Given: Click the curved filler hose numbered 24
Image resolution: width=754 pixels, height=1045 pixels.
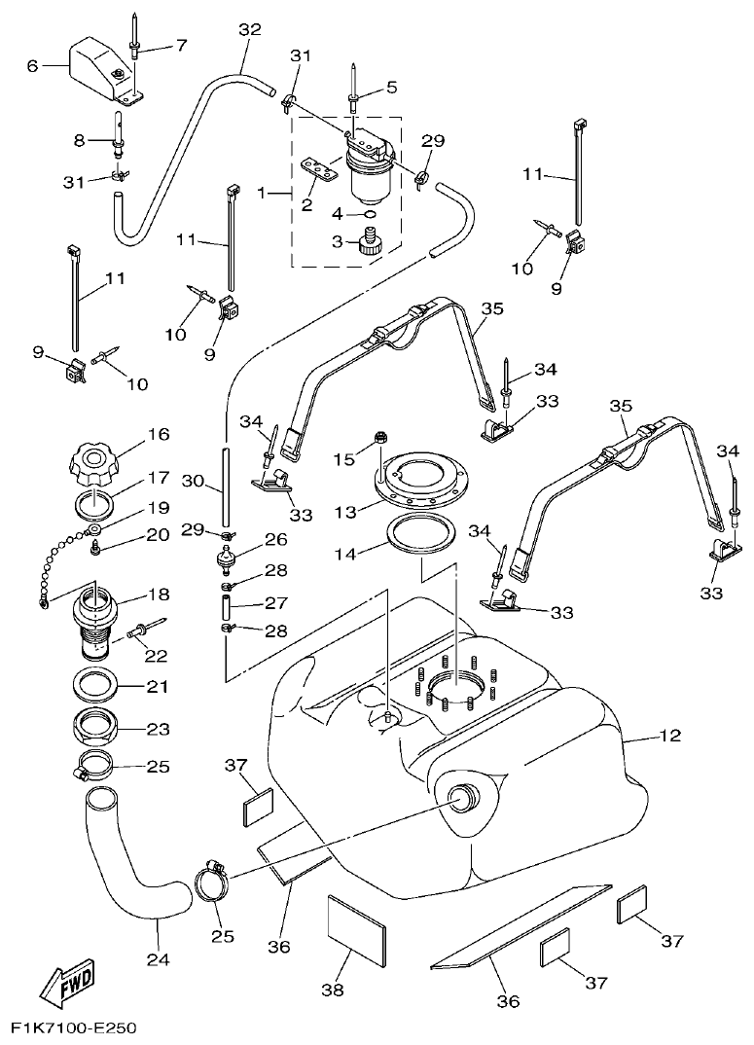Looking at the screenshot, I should [x=136, y=866].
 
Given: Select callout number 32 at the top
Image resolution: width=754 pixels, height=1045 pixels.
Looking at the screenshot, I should [x=250, y=30].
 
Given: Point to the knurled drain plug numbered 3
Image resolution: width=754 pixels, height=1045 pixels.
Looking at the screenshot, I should [x=369, y=240].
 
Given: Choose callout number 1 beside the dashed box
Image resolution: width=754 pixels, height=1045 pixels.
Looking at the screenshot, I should [x=261, y=194].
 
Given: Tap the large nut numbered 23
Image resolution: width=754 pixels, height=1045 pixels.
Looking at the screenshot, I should [x=97, y=726].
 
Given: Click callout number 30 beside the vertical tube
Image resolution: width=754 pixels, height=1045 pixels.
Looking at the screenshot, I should [x=191, y=481].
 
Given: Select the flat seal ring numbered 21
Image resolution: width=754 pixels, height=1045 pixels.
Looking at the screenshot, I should [x=97, y=685].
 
